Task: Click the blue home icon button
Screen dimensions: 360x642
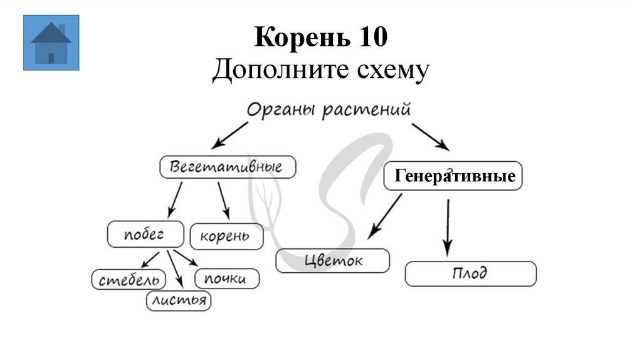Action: pyautogui.click(x=51, y=43)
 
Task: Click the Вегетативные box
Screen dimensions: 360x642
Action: pyautogui.click(x=228, y=167)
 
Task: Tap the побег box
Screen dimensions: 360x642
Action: pyautogui.click(x=145, y=234)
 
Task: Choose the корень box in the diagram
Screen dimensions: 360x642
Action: pyautogui.click(x=225, y=236)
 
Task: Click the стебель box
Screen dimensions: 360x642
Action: pyautogui.click(x=129, y=279)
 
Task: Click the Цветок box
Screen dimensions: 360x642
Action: pyautogui.click(x=332, y=260)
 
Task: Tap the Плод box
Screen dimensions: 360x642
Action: pyautogui.click(x=470, y=274)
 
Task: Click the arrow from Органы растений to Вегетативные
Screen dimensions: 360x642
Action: pyautogui.click(x=229, y=135)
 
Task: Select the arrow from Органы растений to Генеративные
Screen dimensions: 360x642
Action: pyautogui.click(x=430, y=136)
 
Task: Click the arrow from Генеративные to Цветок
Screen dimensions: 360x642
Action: pyautogui.click(x=385, y=216)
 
